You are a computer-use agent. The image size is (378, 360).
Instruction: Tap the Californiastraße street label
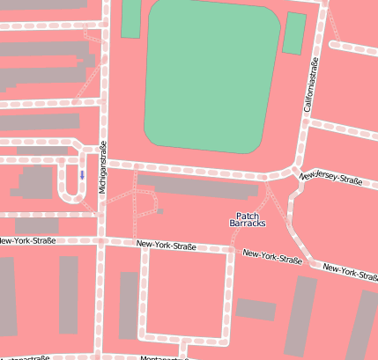tap(309, 85)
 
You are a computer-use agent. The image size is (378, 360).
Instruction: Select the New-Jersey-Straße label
tap(331, 178)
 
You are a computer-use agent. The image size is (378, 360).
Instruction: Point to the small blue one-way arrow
tap(82, 174)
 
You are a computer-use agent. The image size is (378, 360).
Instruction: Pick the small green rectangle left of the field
tap(130, 18)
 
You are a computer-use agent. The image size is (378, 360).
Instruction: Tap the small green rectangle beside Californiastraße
tap(295, 33)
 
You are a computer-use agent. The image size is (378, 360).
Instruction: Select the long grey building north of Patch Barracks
tap(198, 185)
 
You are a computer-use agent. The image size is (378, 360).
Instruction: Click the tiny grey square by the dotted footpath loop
tap(160, 209)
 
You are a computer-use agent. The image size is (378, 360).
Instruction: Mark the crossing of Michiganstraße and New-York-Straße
tap(102, 239)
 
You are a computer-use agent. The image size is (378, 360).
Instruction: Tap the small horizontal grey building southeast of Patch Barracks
tap(256, 309)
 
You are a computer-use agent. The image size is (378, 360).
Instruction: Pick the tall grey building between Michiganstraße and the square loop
tap(129, 305)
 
